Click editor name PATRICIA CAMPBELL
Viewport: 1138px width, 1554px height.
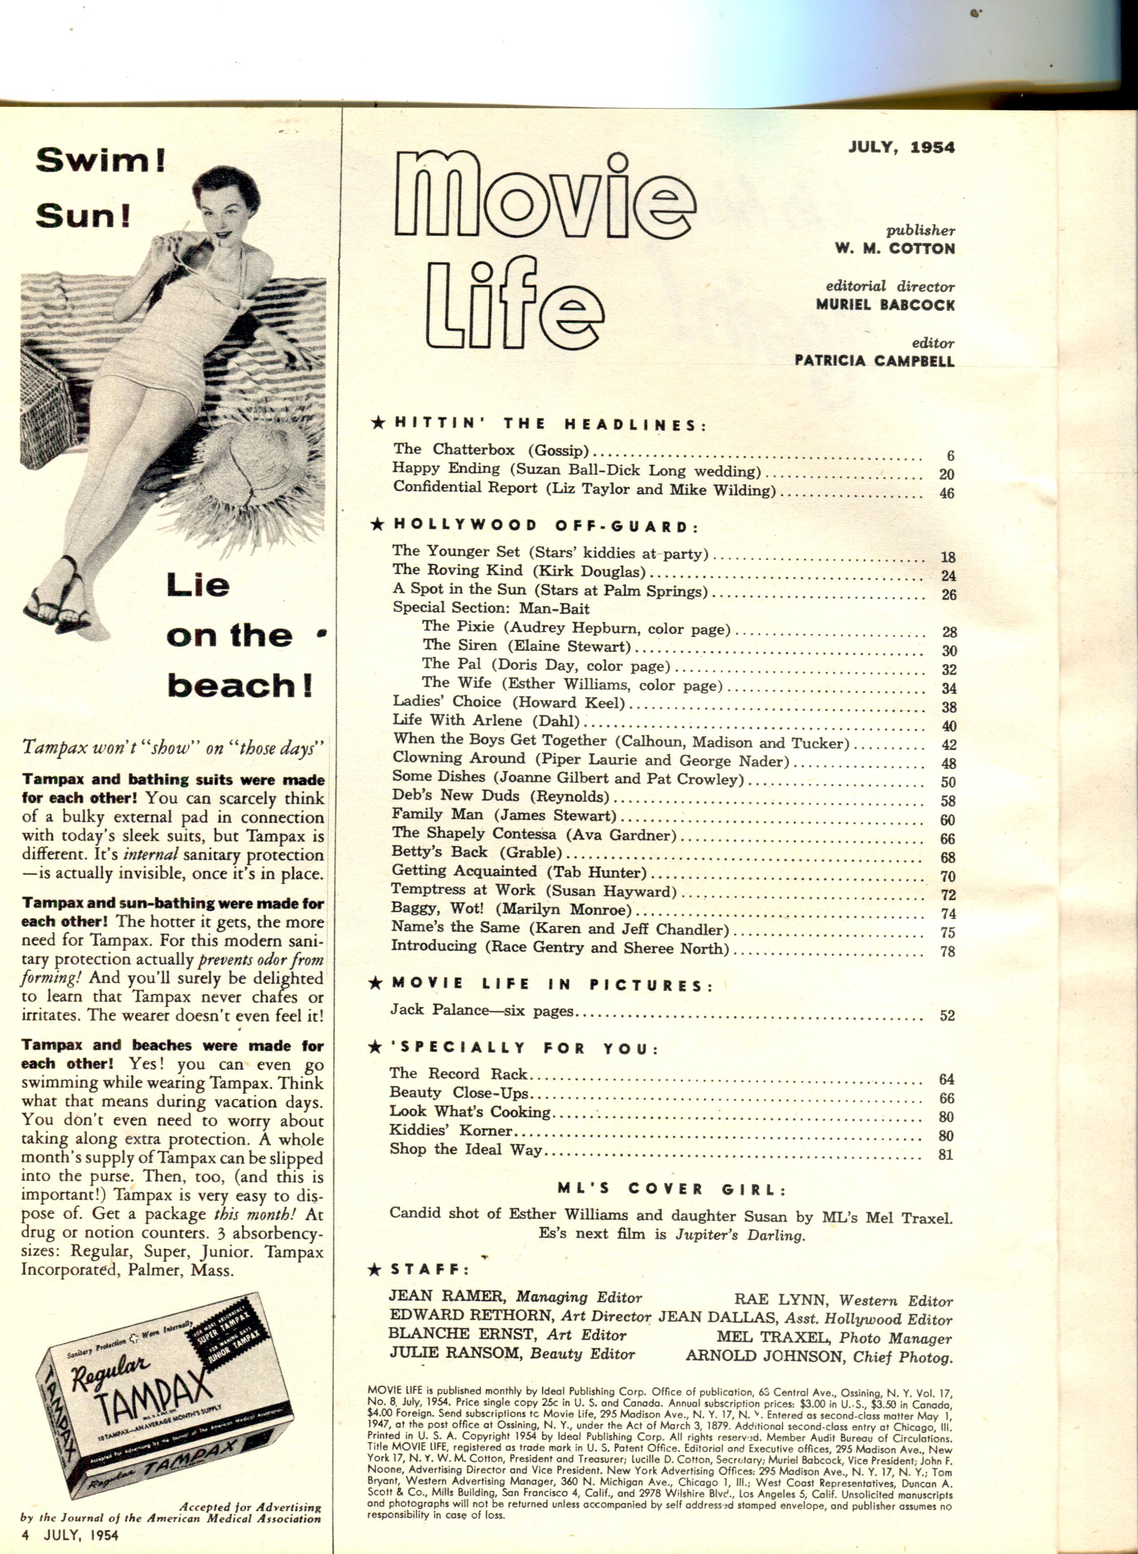click(x=874, y=360)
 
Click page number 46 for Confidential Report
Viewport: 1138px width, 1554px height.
click(x=947, y=493)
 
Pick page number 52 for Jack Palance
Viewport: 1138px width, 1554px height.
click(x=947, y=1015)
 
